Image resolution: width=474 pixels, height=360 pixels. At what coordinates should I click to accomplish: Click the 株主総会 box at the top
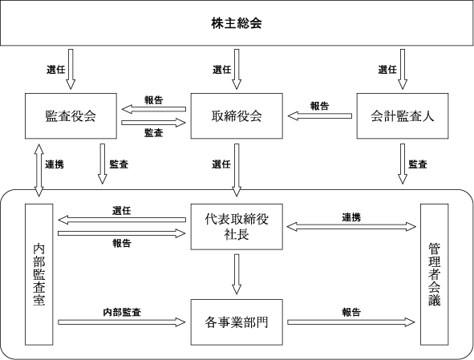tap(237, 23)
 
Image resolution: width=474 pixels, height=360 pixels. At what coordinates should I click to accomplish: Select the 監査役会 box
tap(71, 116)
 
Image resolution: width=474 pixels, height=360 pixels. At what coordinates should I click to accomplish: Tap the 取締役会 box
tap(237, 116)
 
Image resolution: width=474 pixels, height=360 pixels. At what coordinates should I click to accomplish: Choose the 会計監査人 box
tap(403, 116)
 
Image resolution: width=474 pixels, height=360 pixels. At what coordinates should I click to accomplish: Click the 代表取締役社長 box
tap(237, 227)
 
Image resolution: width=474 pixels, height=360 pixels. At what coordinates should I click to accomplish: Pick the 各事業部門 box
tap(237, 322)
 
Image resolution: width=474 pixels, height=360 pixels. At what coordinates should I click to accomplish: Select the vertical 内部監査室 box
tap(39, 274)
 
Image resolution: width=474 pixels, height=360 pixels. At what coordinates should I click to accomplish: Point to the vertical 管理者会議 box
tap(435, 274)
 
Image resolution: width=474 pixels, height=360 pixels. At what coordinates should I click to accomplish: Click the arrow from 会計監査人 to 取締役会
tap(320, 115)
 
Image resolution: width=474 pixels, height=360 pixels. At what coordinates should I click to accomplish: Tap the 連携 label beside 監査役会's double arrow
tap(55, 164)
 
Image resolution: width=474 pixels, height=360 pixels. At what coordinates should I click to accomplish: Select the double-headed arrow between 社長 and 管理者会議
tap(351, 227)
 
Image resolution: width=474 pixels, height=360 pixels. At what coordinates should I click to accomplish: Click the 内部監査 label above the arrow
tap(122, 312)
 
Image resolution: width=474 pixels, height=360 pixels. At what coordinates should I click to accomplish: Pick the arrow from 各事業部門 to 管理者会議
tap(351, 322)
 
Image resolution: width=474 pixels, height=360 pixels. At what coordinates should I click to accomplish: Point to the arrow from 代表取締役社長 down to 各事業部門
tap(237, 274)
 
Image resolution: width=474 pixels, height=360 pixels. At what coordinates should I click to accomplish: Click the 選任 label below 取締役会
tap(221, 164)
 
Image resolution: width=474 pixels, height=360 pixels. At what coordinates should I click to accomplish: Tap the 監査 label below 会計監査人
tap(418, 164)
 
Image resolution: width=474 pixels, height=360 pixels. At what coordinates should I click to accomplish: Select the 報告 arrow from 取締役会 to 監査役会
tap(153, 109)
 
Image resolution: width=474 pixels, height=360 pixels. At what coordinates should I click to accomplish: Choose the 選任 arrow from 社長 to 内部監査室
tap(122, 220)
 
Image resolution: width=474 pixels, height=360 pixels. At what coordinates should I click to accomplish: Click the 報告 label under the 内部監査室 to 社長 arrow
tap(122, 243)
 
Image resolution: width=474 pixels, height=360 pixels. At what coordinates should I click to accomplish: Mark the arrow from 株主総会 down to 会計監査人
tap(403, 69)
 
